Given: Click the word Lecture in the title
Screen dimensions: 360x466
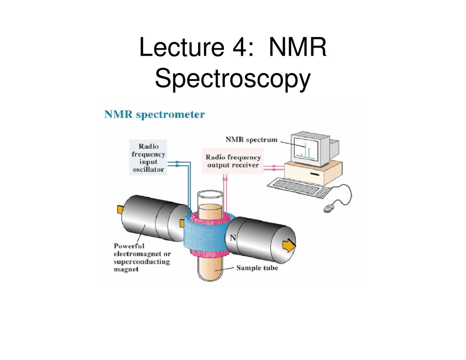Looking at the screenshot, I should [181, 47].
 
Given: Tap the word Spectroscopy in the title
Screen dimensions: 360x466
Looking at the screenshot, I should [233, 78].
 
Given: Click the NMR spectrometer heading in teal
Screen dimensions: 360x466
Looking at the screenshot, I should [154, 114].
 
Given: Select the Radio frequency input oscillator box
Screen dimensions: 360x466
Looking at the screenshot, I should [148, 158].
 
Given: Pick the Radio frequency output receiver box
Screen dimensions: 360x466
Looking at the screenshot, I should [233, 161].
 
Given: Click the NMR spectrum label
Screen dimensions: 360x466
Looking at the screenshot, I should [251, 139].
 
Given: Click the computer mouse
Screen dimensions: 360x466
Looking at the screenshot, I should [329, 208].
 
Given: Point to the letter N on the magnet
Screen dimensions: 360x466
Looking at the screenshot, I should [233, 238].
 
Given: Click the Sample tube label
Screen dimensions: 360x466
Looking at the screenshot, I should [257, 268].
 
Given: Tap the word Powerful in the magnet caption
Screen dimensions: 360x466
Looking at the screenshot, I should [129, 246].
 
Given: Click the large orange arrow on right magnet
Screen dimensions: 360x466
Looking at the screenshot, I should [289, 245].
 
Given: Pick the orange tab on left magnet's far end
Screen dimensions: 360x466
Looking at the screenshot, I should [120, 209].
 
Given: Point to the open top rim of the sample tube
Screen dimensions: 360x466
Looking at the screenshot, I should [210, 193].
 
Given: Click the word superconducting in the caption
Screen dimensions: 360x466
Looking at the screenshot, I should [142, 262].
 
